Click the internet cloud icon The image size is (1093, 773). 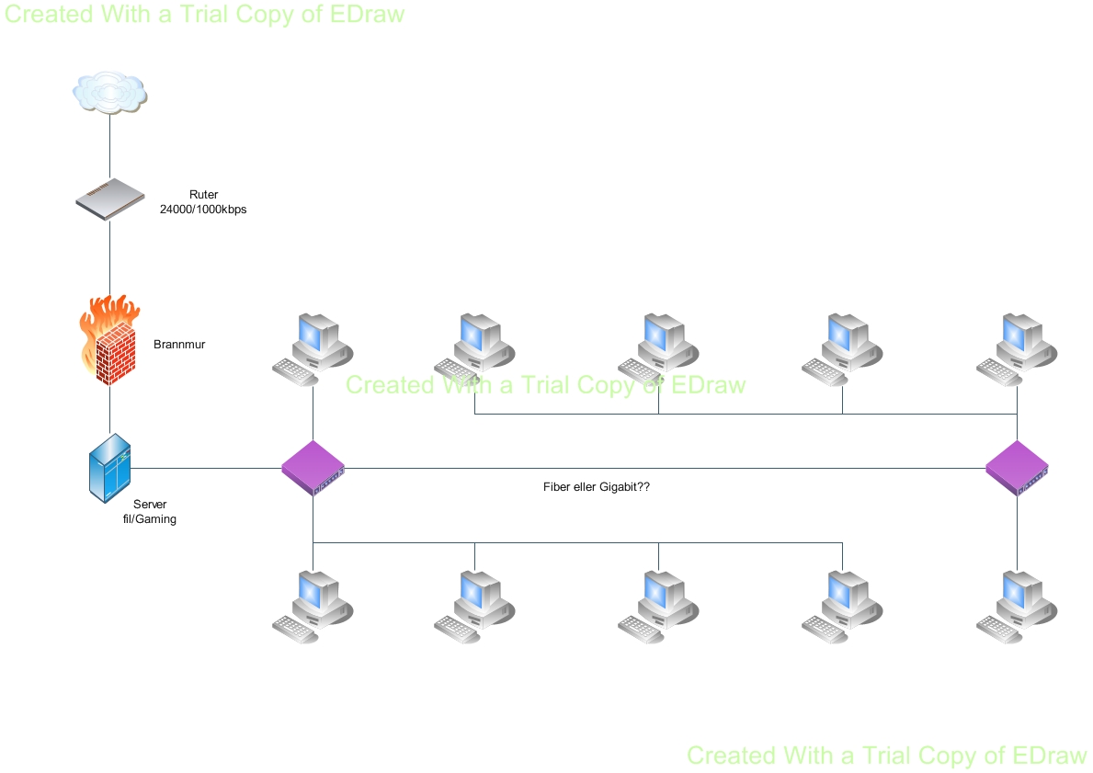pyautogui.click(x=110, y=93)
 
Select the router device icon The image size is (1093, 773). pyautogui.click(x=110, y=199)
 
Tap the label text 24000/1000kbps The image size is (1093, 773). pyautogui.click(x=203, y=210)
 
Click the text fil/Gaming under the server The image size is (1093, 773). pyautogui.click(x=150, y=519)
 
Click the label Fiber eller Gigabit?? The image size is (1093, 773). pyautogui.click(x=597, y=487)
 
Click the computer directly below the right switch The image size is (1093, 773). pyautogui.click(x=1016, y=603)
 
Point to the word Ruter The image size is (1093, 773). pyautogui.click(x=203, y=195)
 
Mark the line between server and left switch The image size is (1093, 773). pyautogui.click(x=207, y=469)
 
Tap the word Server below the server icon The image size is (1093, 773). pyautogui.click(x=150, y=505)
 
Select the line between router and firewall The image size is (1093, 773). pyautogui.click(x=110, y=257)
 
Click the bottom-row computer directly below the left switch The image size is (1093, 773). pyautogui.click(x=311, y=603)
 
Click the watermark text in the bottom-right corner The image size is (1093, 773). pyautogui.click(x=887, y=756)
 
